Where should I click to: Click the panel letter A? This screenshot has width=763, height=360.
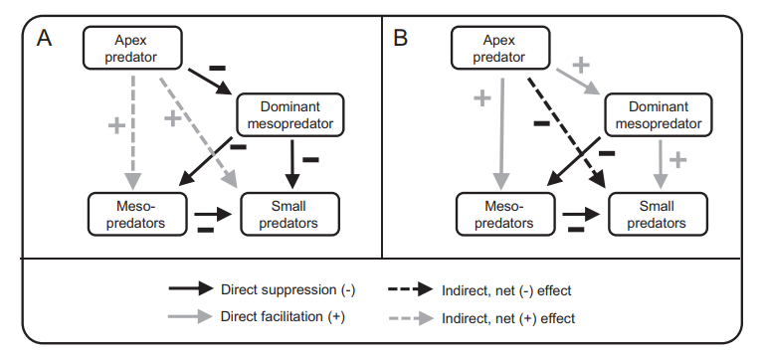pos(44,39)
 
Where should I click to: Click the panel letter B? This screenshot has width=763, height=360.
pos(401,39)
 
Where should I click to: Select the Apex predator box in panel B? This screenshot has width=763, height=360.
pos(499,47)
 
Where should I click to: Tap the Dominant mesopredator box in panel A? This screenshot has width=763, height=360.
pos(290,115)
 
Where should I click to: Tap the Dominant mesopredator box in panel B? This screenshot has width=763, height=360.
pos(658,115)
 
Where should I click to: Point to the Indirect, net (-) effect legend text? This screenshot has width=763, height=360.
pos(507,289)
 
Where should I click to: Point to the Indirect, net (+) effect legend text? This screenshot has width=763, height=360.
pos(507,318)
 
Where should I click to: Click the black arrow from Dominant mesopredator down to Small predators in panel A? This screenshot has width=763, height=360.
pos(291,163)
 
